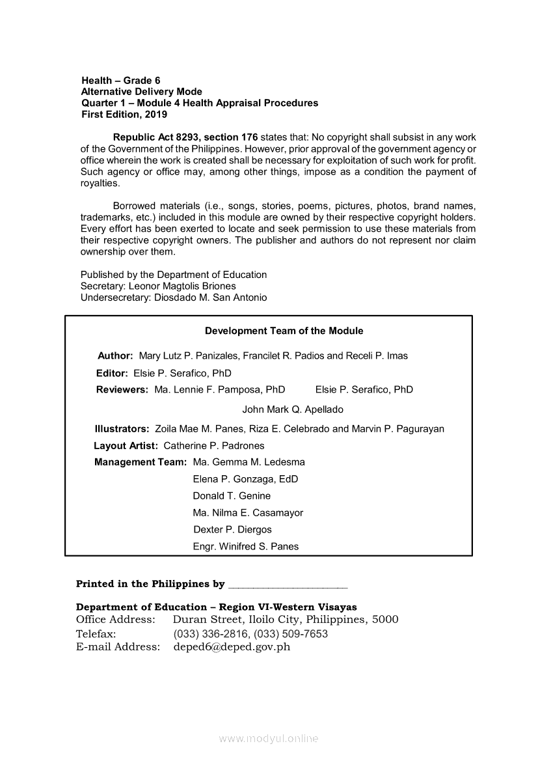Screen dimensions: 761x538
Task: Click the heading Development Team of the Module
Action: pyautogui.click(x=284, y=331)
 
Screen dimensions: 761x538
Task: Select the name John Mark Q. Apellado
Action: pyautogui.click(x=292, y=409)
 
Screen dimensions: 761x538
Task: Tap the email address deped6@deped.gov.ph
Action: pyautogui.click(x=232, y=646)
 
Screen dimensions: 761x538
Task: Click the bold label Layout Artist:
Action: pyautogui.click(x=126, y=446)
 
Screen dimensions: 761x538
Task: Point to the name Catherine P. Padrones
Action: pyautogui.click(x=214, y=446)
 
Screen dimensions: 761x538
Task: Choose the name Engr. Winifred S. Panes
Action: pyautogui.click(x=246, y=547)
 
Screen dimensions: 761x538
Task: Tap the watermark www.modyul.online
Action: pyautogui.click(x=269, y=738)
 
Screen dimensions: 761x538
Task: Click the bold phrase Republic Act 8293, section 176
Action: pyautogui.click(x=185, y=137)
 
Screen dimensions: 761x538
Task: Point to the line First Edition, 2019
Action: pyautogui.click(x=124, y=115)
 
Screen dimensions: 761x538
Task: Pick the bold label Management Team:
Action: pyautogui.click(x=141, y=462)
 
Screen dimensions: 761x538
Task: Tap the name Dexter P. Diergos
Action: pyautogui.click(x=232, y=530)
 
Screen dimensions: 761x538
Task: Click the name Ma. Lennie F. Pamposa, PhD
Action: pyautogui.click(x=220, y=390)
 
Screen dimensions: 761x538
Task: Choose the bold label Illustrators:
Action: pyautogui.click(x=122, y=429)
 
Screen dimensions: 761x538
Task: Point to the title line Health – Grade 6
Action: pyautogui.click(x=121, y=81)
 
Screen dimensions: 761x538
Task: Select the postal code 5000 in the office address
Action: pyautogui.click(x=385, y=619)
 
